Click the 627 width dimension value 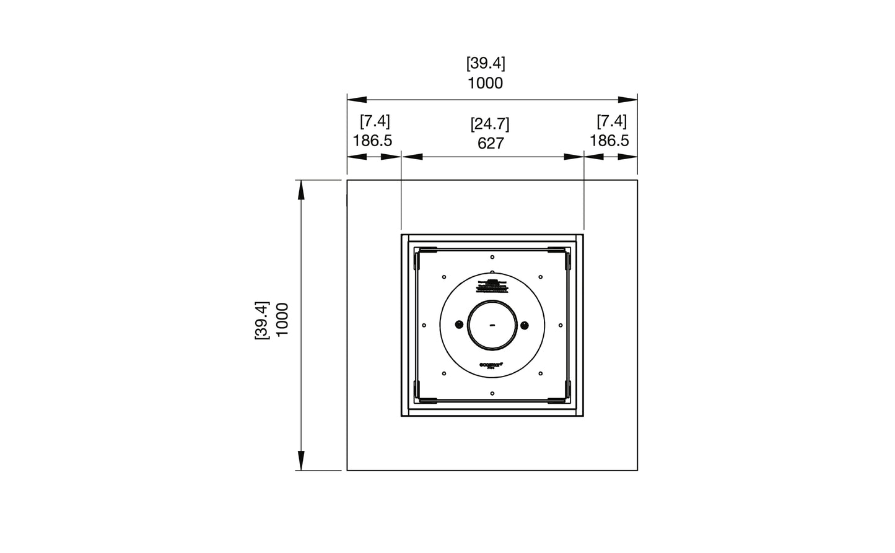[491, 144]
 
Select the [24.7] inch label [490, 124]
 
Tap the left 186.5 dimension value [372, 141]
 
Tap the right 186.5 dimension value [609, 141]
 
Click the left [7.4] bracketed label [375, 121]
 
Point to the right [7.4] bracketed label [611, 121]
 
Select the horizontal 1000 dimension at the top [485, 83]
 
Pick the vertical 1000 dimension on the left [282, 320]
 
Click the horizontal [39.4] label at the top [486, 63]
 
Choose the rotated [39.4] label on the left [261, 320]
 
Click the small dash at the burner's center [492, 325]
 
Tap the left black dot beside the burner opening [459, 325]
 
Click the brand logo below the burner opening [492, 366]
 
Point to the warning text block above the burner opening [492, 285]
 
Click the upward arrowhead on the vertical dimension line [302, 189]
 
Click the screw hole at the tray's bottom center [492, 393]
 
